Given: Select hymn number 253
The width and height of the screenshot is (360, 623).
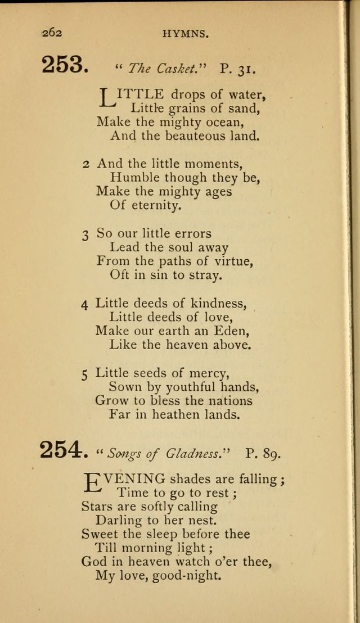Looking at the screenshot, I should tap(65, 66).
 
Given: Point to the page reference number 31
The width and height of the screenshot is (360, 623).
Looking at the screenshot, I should tap(246, 69).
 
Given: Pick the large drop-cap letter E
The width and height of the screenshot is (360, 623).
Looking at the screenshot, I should tap(92, 482).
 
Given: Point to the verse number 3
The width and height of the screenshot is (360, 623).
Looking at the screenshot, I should tap(85, 234).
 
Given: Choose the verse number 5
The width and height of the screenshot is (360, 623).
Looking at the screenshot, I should tap(85, 374).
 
